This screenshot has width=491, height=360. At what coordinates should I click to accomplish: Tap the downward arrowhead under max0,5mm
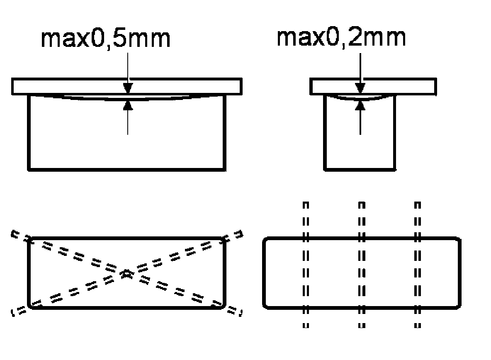tap(128, 88)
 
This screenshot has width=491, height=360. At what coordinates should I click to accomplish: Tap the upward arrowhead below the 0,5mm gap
tap(128, 105)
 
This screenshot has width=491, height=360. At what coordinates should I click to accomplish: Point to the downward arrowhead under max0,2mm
tap(360, 88)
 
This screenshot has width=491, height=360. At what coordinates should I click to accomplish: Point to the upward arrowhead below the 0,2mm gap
tap(360, 105)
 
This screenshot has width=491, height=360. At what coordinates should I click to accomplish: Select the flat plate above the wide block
tap(127, 86)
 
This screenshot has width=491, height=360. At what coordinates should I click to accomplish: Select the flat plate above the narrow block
tap(373, 86)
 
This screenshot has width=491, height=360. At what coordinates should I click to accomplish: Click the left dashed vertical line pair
tap(306, 265)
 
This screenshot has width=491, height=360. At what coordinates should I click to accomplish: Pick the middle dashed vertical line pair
tap(362, 265)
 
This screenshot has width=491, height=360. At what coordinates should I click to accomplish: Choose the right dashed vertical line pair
tap(418, 265)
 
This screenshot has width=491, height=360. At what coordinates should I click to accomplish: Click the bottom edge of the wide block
tap(127, 169)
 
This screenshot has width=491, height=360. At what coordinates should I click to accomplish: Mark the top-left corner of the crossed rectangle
tap(29, 238)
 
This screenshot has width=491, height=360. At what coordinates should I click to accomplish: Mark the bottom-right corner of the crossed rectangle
tap(224, 306)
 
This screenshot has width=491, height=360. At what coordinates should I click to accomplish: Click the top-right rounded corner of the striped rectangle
tap(458, 239)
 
